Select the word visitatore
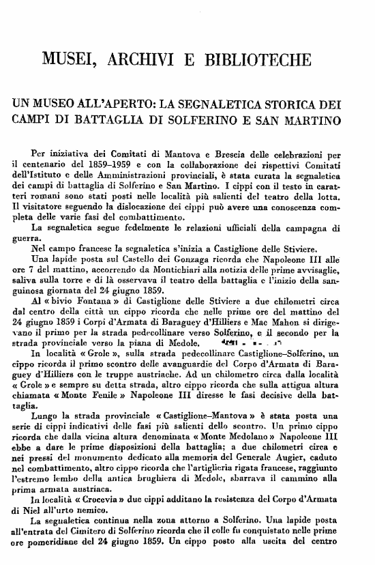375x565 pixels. click(x=42, y=203)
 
